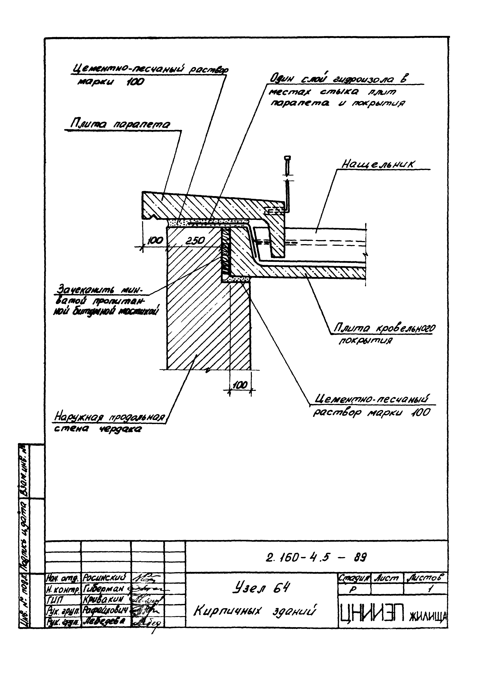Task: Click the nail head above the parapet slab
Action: point(288,158)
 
